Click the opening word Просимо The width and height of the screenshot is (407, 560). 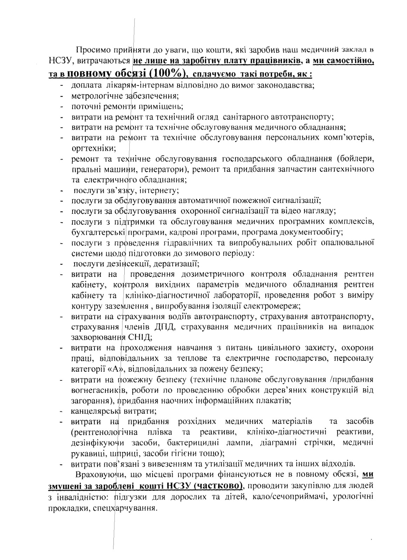point(91,49)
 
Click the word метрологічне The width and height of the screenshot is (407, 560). point(93,95)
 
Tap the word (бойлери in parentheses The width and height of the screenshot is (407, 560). point(356,159)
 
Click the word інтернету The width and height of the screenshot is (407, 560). point(161,191)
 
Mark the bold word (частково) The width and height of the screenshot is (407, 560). point(218,486)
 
